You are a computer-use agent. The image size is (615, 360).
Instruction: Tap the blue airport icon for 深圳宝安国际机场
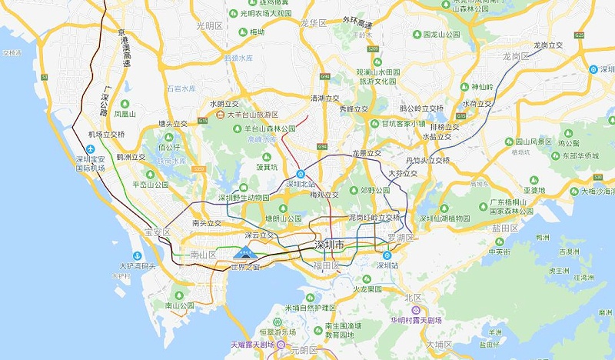pos(91,148)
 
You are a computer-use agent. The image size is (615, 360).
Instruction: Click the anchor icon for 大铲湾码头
pos(136,255)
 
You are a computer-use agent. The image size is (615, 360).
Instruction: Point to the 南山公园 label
pos(178,305)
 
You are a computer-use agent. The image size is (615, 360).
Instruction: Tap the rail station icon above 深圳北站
pos(301,174)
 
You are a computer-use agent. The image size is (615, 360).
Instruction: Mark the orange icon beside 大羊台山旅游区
pos(221,115)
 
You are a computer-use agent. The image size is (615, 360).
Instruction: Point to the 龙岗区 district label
pos(517,56)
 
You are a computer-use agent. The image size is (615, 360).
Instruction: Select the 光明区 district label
pos(209,25)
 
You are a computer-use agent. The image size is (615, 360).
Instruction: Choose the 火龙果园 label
pos(367,289)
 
